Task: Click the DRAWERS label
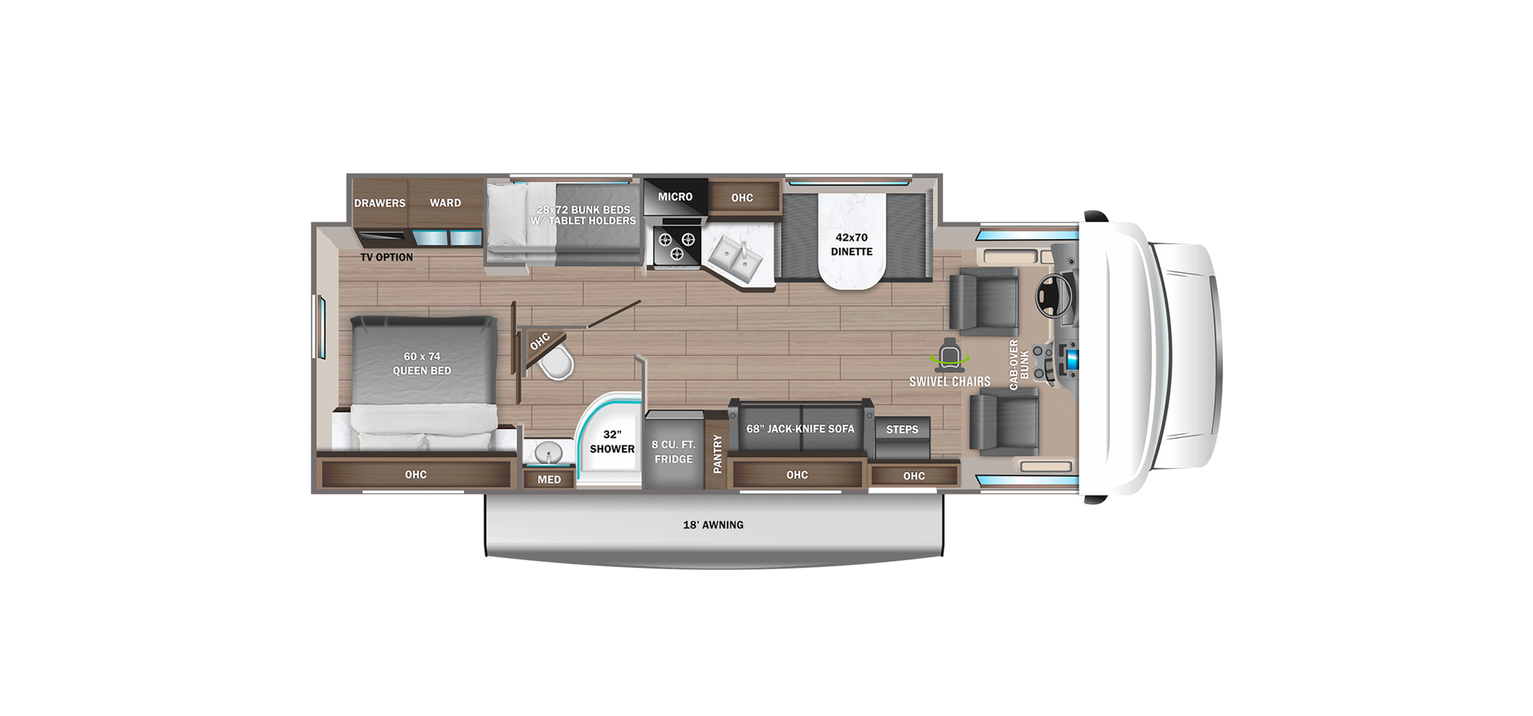tap(379, 203)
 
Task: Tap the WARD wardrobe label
tap(445, 203)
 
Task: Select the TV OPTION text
tap(387, 257)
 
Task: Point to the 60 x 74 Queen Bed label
tap(422, 364)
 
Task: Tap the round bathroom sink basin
tap(549, 453)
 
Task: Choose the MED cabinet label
tap(549, 480)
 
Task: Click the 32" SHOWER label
tap(612, 442)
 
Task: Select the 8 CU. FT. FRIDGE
tap(673, 451)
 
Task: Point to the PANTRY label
tap(717, 453)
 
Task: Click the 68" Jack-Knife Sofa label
tap(801, 429)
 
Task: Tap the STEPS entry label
tap(902, 430)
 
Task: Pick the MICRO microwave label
tap(675, 197)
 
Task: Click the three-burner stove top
tap(676, 245)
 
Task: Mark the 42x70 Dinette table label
tap(851, 244)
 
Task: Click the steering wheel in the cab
tap(1052, 296)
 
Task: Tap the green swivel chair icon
tap(949, 355)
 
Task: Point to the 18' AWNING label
tap(713, 525)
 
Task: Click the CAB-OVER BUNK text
tap(1018, 365)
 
